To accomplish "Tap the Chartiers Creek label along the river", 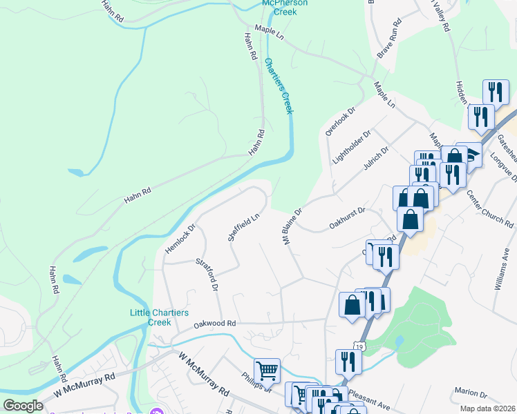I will click(279, 86).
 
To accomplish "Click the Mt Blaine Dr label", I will click(292, 226).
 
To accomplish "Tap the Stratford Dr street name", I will click(207, 274).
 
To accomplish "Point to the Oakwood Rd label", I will click(215, 323).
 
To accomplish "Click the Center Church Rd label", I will click(490, 209).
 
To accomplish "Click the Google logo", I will click(23, 405).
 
